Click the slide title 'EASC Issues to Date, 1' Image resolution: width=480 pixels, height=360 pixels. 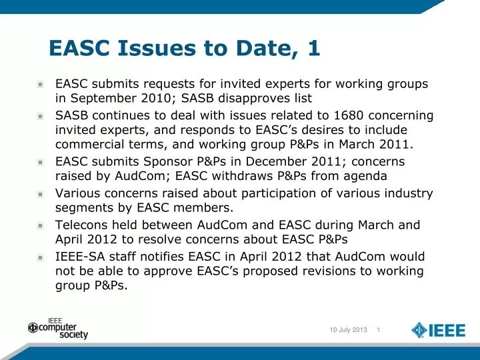(184, 48)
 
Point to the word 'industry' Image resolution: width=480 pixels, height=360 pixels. (407, 193)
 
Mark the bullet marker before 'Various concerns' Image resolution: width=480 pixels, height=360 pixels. (41, 194)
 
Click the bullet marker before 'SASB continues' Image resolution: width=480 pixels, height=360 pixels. (41, 116)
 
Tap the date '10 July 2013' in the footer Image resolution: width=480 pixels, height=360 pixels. (348, 331)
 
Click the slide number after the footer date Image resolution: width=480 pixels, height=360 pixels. (379, 331)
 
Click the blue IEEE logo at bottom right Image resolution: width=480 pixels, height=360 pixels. (437, 330)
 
